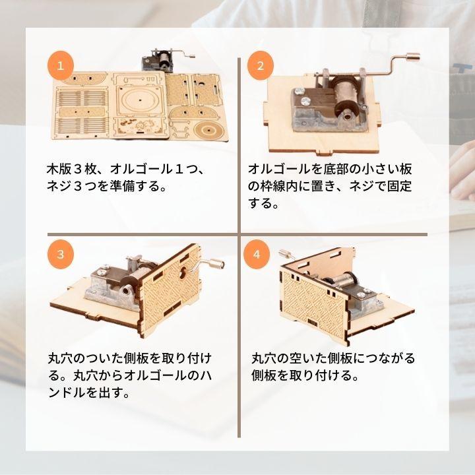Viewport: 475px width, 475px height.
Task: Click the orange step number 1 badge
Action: tap(60, 66)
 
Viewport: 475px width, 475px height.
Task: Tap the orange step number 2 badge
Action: tap(261, 66)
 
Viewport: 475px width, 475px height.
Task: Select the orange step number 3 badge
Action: tap(60, 255)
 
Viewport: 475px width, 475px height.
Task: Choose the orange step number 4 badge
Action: tap(257, 255)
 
